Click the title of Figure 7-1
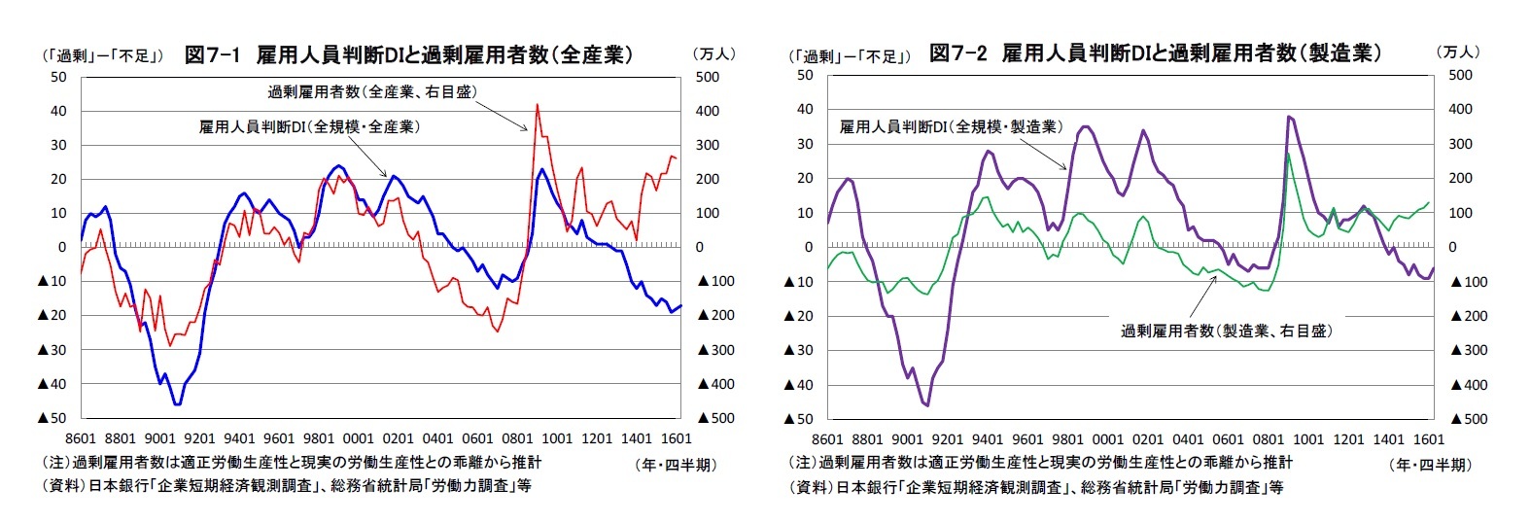pyautogui.click(x=408, y=55)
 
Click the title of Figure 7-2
pyautogui.click(x=1154, y=53)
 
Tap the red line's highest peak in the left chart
pyautogui.click(x=537, y=105)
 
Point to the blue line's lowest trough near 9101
pyautogui.click(x=177, y=403)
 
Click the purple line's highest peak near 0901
pyautogui.click(x=1288, y=117)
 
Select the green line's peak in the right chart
pyautogui.click(x=1288, y=154)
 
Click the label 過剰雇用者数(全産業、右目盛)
pyautogui.click(x=372, y=92)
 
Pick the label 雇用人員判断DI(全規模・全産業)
pyautogui.click(x=309, y=126)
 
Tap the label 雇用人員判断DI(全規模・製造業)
pyautogui.click(x=951, y=126)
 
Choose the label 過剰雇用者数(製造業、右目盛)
pyautogui.click(x=1226, y=331)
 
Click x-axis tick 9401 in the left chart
pyautogui.click(x=239, y=438)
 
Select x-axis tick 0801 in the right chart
pyautogui.click(x=1268, y=439)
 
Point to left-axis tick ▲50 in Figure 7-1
pyautogui.click(x=52, y=418)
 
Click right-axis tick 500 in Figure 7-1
pyautogui.click(x=708, y=77)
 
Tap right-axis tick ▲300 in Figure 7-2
pyautogui.click(x=1468, y=350)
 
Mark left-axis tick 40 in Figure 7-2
pyautogui.click(x=805, y=109)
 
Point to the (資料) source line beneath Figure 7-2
pyautogui.click(x=1035, y=486)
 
